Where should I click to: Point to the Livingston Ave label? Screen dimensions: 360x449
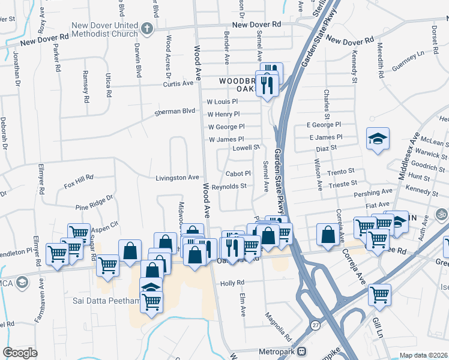tap(177, 178)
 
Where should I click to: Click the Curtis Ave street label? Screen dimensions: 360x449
tap(179, 83)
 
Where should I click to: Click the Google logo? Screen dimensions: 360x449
tap(20, 352)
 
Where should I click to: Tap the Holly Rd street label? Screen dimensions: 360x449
tap(232, 283)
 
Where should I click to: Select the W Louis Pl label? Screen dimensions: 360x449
tap(223, 102)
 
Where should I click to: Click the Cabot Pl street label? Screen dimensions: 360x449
tap(238, 173)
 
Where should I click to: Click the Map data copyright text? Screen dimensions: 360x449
tap(423, 355)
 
